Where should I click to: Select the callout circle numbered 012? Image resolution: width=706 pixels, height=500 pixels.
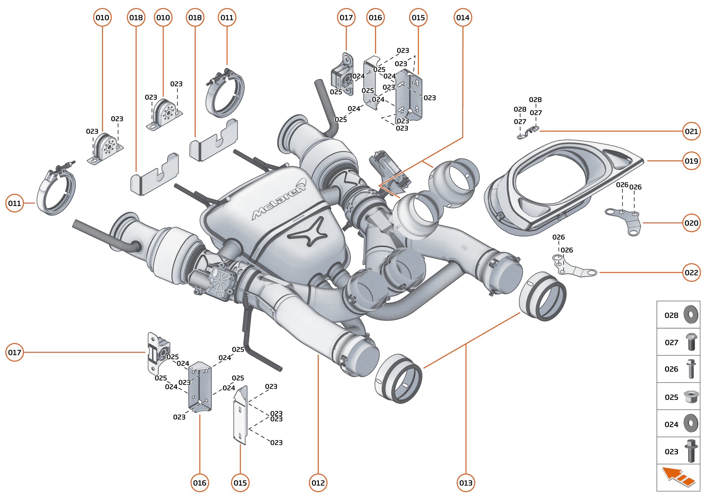318,482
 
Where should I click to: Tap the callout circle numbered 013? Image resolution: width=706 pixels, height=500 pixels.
465,482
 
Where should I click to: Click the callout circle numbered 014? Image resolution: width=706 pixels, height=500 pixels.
463,18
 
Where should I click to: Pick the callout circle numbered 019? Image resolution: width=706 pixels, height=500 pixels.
691,161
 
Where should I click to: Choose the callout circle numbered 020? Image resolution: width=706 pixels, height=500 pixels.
691,223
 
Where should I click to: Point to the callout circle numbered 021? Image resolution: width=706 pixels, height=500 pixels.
691,131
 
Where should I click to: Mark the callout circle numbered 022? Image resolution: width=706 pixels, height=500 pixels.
691,272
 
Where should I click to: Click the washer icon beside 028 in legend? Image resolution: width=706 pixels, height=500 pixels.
691,314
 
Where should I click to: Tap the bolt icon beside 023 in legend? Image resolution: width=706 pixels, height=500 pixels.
691,451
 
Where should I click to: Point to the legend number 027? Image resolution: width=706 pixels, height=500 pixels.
671,342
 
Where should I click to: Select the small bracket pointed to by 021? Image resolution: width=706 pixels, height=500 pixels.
528,132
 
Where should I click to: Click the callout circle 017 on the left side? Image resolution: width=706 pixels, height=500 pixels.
14,352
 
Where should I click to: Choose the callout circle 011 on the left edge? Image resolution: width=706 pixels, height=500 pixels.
14,203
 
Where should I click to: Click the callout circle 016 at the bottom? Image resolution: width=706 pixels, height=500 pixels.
199,482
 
